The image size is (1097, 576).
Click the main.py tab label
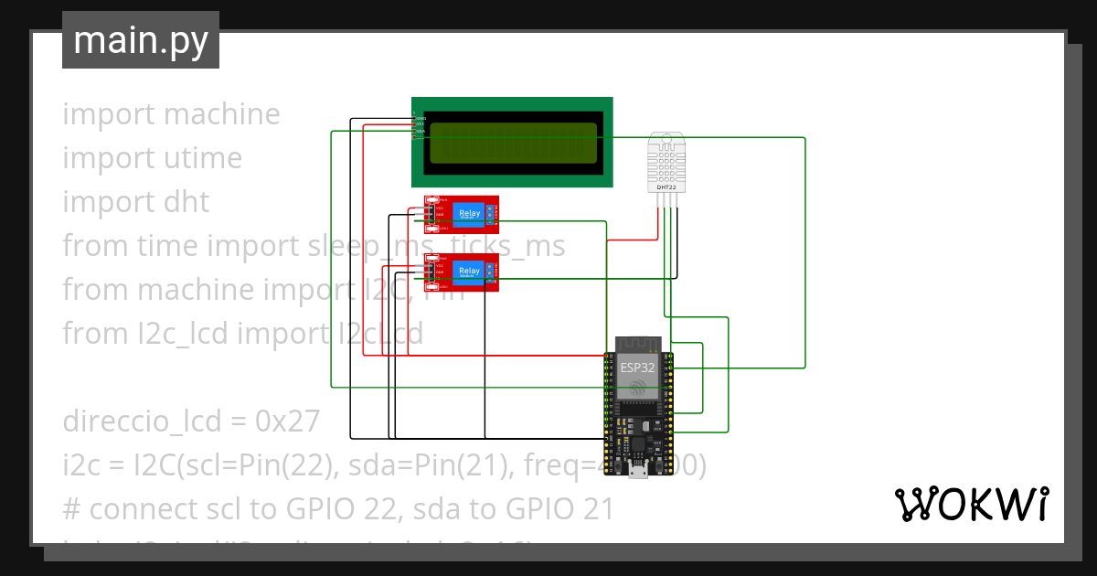pyautogui.click(x=140, y=40)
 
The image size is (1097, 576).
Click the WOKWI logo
pyautogui.click(x=971, y=504)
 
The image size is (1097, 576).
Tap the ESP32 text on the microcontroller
pyautogui.click(x=638, y=368)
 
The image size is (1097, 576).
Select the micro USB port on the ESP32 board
pyautogui.click(x=639, y=471)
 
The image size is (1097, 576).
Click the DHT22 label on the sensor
pyautogui.click(x=666, y=187)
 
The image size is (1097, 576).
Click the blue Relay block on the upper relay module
pyautogui.click(x=469, y=214)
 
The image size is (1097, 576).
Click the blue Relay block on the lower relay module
pyautogui.click(x=469, y=271)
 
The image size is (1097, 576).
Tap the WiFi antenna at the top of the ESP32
pyautogui.click(x=638, y=345)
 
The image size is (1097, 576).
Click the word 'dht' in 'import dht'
pyautogui.click(x=188, y=202)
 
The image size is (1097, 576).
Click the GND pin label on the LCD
pyautogui.click(x=420, y=118)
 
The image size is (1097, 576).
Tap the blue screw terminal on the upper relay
pyautogui.click(x=491, y=215)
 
